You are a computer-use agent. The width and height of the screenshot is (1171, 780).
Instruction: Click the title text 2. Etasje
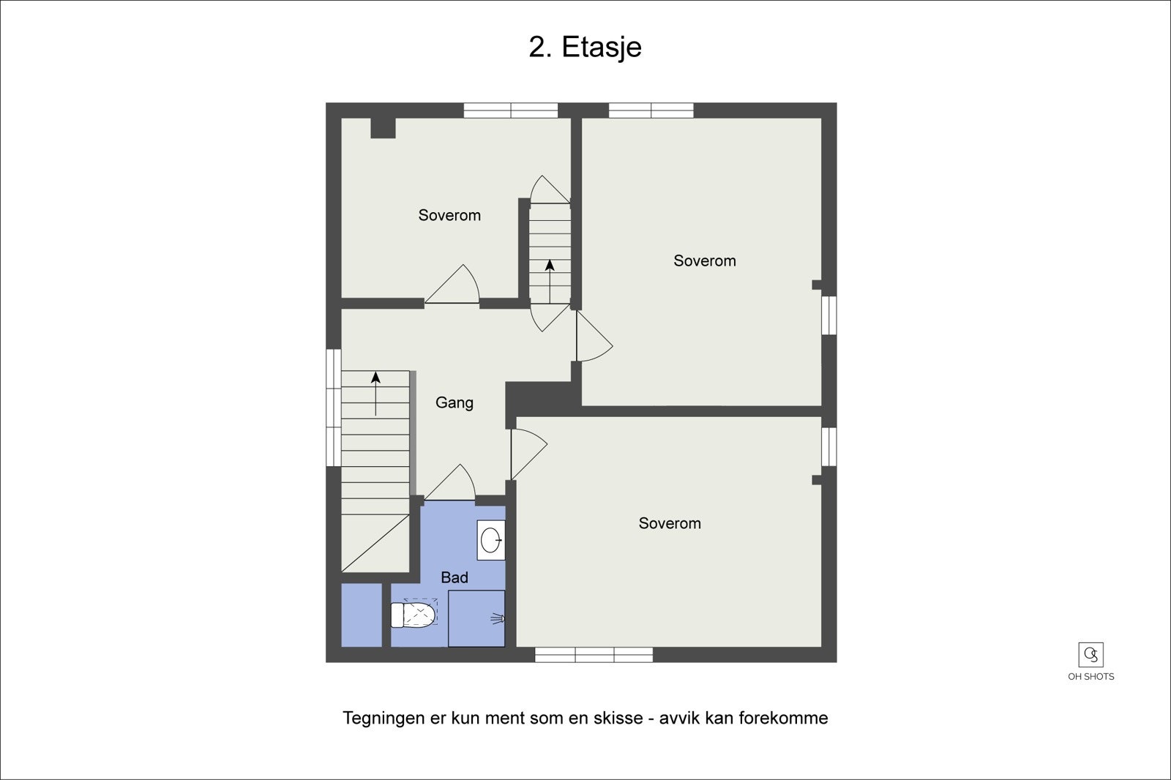585,47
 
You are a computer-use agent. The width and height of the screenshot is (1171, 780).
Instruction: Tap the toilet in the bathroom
414,615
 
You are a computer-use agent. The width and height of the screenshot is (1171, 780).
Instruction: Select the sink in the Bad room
491,541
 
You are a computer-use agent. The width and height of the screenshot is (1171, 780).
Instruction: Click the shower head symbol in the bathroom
498,619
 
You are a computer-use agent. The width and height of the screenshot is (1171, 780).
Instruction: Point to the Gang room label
454,402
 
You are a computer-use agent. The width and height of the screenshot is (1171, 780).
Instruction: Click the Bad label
454,577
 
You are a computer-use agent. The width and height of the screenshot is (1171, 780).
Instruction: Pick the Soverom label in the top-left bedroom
449,215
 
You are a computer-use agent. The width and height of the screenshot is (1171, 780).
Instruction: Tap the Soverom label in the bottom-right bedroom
669,523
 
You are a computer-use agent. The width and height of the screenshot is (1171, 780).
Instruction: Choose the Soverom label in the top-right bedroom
704,260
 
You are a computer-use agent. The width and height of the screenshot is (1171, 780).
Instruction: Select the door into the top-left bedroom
452,285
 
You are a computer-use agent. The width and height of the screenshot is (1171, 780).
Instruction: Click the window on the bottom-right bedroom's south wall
594,655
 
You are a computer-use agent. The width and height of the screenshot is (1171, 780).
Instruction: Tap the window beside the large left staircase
333,408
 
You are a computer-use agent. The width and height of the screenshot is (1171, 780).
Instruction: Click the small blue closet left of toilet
362,615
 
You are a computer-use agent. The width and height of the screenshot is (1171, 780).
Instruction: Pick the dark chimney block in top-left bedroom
383,128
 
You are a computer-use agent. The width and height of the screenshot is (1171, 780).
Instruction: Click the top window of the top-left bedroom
511,110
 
